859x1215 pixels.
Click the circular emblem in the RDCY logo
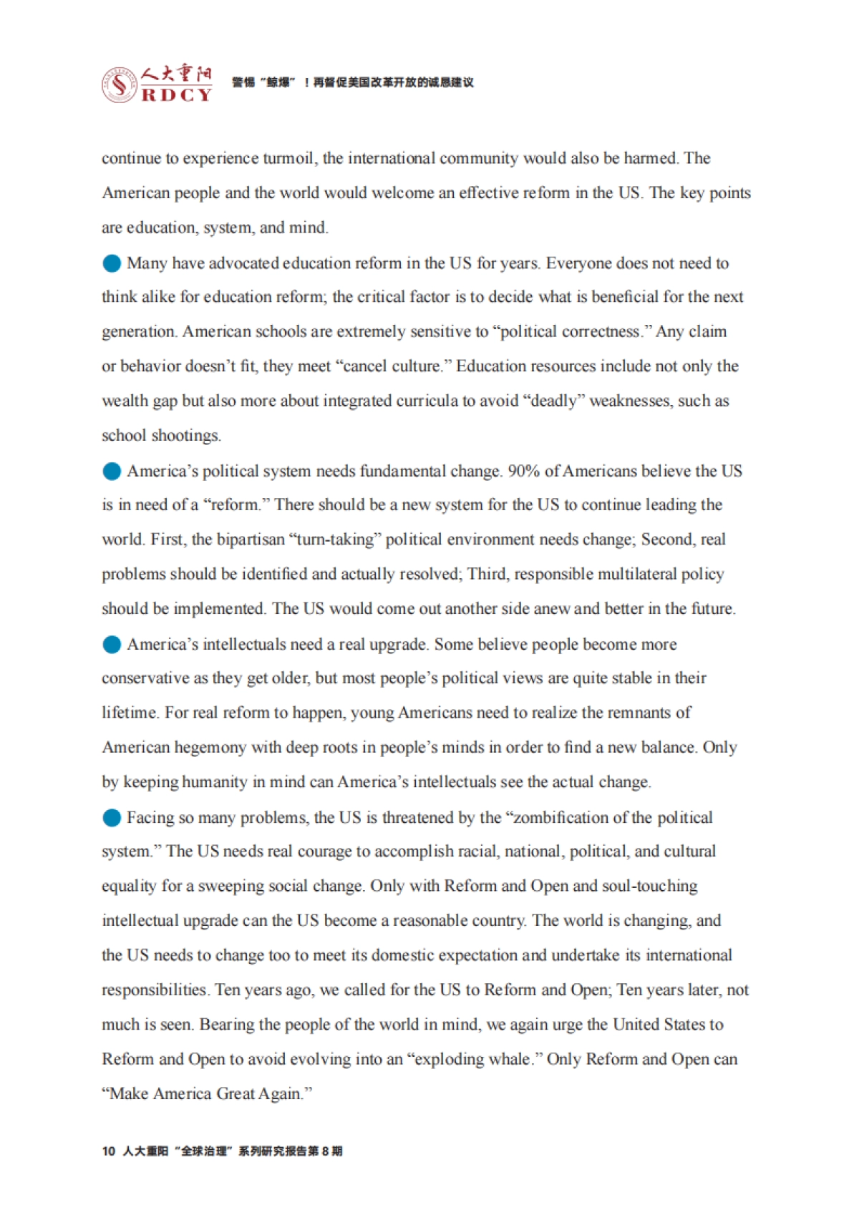119,85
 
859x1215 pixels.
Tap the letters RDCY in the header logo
177,95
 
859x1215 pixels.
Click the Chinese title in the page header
352,83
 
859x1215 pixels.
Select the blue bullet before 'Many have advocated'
112,263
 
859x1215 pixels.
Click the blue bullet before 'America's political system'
112,471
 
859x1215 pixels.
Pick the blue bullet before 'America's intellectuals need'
112,645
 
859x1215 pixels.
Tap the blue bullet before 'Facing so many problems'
112,818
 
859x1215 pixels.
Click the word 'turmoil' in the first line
288,158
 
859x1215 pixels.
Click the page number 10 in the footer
109,1151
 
